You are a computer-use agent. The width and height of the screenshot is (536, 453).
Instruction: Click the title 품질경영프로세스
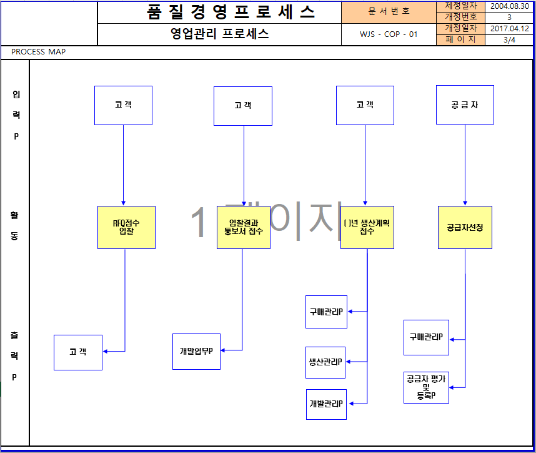point(231,12)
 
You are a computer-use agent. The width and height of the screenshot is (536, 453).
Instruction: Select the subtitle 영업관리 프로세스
point(219,34)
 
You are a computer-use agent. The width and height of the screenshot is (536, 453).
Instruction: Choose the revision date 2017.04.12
point(509,28)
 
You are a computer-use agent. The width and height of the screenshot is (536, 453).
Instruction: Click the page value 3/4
point(509,39)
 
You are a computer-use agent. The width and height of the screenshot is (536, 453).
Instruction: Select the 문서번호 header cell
point(389,12)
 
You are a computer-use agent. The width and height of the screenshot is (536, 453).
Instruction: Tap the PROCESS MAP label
point(39,52)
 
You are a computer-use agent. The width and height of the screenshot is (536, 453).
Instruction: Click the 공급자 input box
point(465,104)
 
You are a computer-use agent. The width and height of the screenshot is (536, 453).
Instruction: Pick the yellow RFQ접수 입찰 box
point(126,227)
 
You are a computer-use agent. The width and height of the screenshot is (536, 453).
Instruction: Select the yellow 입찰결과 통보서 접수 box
point(244,227)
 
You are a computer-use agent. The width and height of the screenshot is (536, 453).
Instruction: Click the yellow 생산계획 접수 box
point(367,227)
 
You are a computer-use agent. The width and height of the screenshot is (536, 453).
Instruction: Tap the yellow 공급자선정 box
point(465,227)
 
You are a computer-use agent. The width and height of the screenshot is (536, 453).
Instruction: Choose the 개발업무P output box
point(196,351)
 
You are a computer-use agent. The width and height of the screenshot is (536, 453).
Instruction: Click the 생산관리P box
point(325,362)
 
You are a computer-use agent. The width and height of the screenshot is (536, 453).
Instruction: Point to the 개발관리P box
point(326,404)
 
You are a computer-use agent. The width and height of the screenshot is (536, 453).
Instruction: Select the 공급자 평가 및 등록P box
point(426,387)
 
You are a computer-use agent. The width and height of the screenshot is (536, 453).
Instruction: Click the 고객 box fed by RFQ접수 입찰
point(77,352)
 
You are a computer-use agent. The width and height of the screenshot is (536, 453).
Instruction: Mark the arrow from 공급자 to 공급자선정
point(465,164)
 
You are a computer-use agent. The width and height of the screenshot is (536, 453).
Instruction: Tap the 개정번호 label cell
point(460,17)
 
